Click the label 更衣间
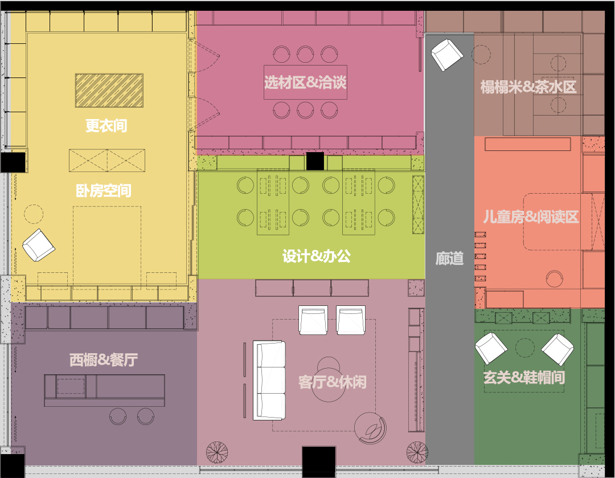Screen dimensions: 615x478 [106, 125]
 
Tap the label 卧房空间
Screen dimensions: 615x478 [104, 191]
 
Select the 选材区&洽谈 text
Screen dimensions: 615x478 [305, 83]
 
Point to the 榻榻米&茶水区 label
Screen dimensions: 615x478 [528, 87]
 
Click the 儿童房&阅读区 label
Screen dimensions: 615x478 [531, 216]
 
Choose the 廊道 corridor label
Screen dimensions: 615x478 [449, 259]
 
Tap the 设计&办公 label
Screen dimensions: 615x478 [317, 256]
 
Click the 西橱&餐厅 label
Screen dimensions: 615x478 [104, 359]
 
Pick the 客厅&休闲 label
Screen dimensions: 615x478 [332, 382]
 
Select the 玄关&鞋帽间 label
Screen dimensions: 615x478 [524, 378]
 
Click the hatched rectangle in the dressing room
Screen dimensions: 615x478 [109, 90]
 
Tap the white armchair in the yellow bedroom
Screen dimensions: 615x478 [39, 246]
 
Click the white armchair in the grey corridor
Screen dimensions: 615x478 [447, 55]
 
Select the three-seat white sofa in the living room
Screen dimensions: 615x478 [269, 380]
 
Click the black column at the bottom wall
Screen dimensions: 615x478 [319, 461]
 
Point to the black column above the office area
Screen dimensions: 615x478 [315, 161]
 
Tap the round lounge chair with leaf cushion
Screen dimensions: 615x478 [370, 428]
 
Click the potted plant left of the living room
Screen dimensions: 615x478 [217, 452]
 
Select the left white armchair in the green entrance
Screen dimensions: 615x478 [491, 349]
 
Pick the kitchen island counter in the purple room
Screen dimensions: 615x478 [104, 390]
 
